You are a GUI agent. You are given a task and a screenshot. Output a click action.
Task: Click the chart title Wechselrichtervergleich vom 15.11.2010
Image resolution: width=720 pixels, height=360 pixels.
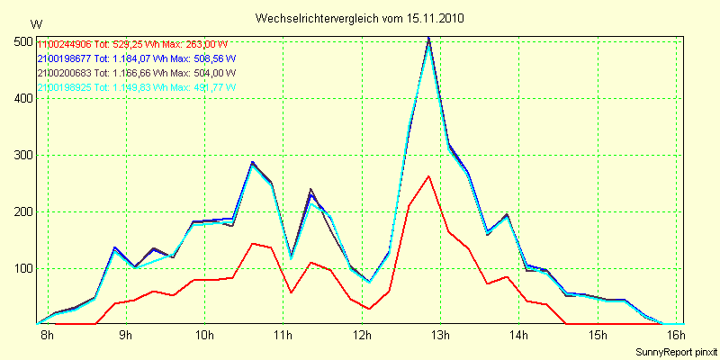coord(360,18)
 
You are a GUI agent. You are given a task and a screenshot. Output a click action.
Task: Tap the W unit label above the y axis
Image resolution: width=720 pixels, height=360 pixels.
coord(35,23)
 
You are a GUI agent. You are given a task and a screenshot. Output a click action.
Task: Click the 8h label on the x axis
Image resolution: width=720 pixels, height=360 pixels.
coord(47,336)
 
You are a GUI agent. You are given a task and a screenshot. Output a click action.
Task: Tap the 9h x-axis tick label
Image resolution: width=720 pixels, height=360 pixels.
coord(126,336)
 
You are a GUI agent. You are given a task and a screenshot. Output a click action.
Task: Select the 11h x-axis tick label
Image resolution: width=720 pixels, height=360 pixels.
coord(283,336)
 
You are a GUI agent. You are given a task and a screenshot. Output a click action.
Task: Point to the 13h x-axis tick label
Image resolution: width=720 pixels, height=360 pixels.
coord(440,336)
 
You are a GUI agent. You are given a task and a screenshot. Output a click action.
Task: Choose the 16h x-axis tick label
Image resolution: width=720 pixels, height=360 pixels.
coord(675,336)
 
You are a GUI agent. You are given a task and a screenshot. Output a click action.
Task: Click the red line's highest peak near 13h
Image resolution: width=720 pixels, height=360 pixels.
coord(429,176)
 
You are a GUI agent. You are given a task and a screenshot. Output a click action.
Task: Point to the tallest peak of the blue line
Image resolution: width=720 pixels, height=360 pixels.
coord(429,39)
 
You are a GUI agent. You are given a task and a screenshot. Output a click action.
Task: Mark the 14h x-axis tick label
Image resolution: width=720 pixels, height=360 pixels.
coord(518,336)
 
